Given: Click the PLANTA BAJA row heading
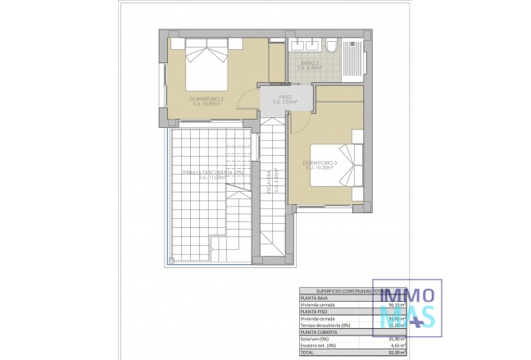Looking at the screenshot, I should [312, 297].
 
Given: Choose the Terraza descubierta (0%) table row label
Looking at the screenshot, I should [328, 324].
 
